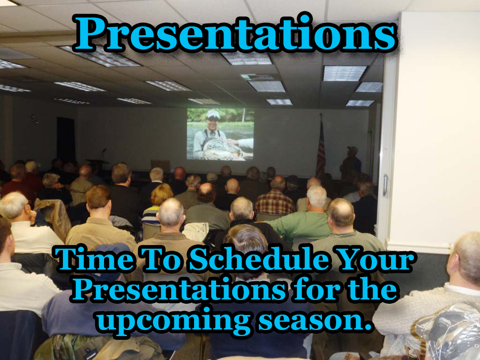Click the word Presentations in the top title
click(235, 34)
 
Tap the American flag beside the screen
click(321, 146)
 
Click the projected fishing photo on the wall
click(220, 134)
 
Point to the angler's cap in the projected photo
click(213, 114)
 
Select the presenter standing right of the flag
click(351, 162)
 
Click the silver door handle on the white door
click(385, 185)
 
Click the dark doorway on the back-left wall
click(66, 138)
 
